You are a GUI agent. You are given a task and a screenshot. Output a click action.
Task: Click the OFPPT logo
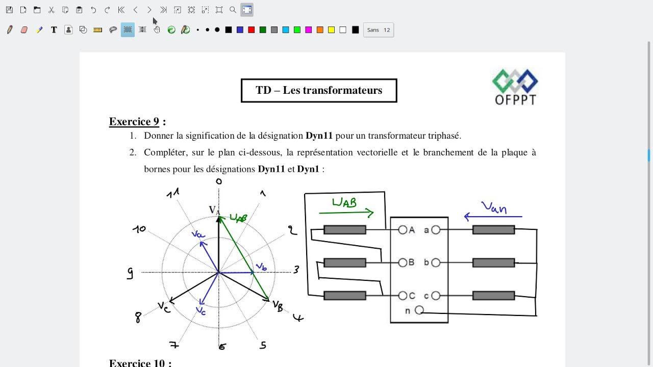pyautogui.click(x=515, y=87)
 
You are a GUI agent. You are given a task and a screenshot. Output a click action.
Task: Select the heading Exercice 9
pyautogui.click(x=134, y=121)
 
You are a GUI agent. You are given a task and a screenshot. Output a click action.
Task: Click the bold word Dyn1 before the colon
pyautogui.click(x=308, y=169)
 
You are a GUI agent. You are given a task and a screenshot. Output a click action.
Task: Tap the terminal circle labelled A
pyautogui.click(x=403, y=230)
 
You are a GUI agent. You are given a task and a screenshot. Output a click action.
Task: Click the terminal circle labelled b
pyautogui.click(x=436, y=263)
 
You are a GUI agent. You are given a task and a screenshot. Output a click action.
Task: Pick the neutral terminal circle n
pyautogui.click(x=419, y=310)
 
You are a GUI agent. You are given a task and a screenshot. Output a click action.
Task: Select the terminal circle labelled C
pyautogui.click(x=403, y=296)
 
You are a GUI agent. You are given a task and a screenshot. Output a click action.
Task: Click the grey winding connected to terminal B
pyautogui.click(x=345, y=263)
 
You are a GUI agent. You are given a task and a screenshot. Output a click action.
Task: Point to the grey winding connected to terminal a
pyautogui.click(x=493, y=230)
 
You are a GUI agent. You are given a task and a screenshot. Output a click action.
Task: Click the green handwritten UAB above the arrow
pyautogui.click(x=344, y=202)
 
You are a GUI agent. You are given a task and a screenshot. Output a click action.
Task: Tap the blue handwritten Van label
pyautogui.click(x=494, y=207)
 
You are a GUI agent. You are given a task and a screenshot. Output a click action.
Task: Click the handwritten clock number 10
pyautogui.click(x=139, y=229)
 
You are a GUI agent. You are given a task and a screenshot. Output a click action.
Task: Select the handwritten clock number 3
pyautogui.click(x=296, y=270)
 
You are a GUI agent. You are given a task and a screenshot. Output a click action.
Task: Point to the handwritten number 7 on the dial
pyautogui.click(x=174, y=345)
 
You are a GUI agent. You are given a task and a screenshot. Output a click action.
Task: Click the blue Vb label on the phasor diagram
pyautogui.click(x=261, y=267)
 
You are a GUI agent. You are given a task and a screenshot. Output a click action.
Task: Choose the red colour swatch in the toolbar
pyautogui.click(x=252, y=30)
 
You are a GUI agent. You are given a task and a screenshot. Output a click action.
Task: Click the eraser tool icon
pyautogui.click(x=24, y=30)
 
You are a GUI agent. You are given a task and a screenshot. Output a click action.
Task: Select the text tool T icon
pyautogui.click(x=54, y=30)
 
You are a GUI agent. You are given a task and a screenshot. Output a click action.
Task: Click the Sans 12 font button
pyautogui.click(x=379, y=30)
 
